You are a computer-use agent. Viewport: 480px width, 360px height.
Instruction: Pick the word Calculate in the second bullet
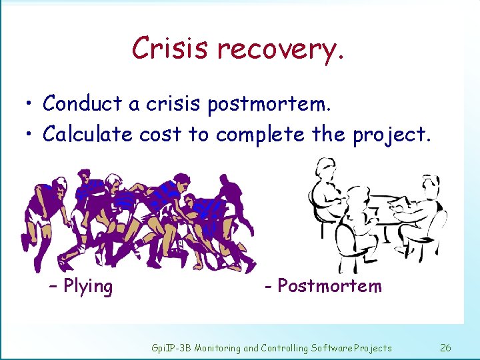point(88,134)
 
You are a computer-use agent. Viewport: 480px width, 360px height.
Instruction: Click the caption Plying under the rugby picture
point(87,287)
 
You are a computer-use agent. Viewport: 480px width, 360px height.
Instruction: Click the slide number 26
point(446,347)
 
